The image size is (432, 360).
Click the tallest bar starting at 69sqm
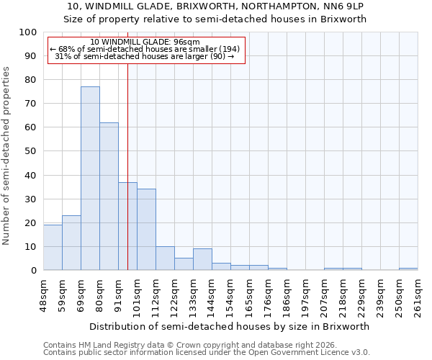tap(90, 179)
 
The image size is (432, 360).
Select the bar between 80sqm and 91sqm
tap(109, 196)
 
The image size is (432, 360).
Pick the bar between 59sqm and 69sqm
tap(71, 243)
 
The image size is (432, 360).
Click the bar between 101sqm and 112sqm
tap(146, 230)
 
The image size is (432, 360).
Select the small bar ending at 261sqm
tap(408, 269)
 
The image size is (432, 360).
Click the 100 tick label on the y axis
tap(27, 32)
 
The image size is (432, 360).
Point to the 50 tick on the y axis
tap(30, 151)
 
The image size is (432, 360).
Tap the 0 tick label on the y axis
tap(33, 270)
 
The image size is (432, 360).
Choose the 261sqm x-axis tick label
tap(418, 295)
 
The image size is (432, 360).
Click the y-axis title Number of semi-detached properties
tap(6, 156)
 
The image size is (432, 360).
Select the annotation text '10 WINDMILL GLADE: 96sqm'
tap(146, 42)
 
